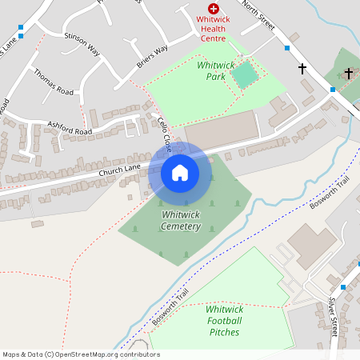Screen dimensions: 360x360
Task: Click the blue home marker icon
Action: pos(180,173)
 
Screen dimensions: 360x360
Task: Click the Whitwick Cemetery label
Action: pos(180,221)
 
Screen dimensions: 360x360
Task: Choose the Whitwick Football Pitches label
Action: pos(224,320)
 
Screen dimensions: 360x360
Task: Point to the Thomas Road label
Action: pos(54,82)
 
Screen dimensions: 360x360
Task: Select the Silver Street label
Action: pos(334,316)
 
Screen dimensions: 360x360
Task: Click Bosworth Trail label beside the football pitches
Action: pos(171,307)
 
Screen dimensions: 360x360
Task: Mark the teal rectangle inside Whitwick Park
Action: pos(245,75)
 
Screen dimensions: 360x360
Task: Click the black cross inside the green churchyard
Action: pos(348,73)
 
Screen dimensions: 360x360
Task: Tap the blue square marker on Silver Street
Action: pos(343,286)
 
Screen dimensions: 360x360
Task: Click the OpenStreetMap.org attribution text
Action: pos(80,354)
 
